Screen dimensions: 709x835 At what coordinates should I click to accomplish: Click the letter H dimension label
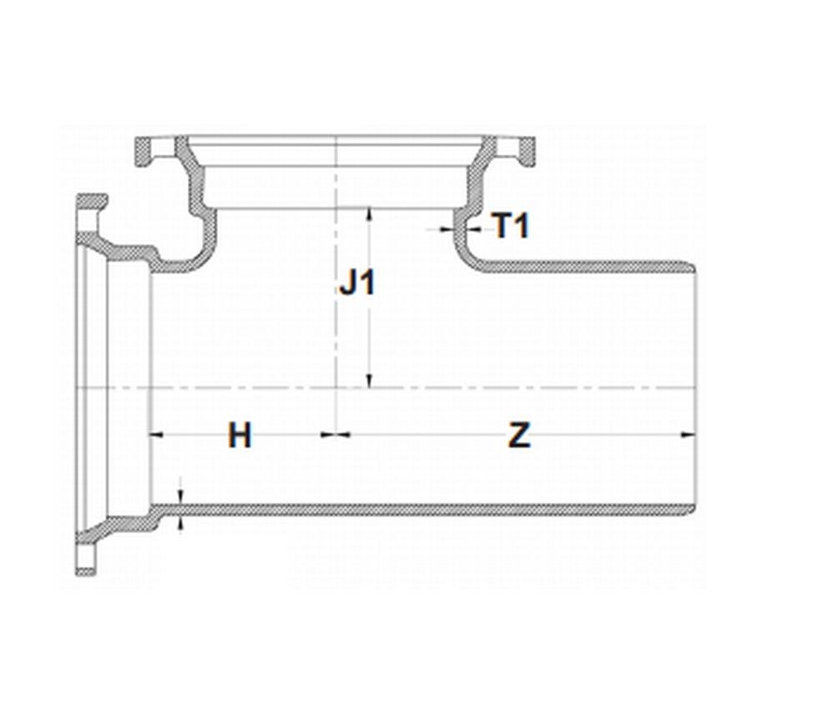[240, 435]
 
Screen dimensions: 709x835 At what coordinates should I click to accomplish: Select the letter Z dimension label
[519, 435]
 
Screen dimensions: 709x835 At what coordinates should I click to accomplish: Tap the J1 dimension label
[357, 284]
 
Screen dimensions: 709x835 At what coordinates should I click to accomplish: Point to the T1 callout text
[510, 225]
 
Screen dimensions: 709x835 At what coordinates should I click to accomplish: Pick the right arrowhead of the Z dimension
[690, 434]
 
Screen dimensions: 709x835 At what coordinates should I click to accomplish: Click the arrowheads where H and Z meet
[336, 434]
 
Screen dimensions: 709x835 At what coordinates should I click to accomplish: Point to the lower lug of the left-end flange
[87, 560]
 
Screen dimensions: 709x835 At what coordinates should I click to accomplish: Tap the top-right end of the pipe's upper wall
[691, 267]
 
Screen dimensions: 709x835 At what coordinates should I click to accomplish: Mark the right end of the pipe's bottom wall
[691, 510]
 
